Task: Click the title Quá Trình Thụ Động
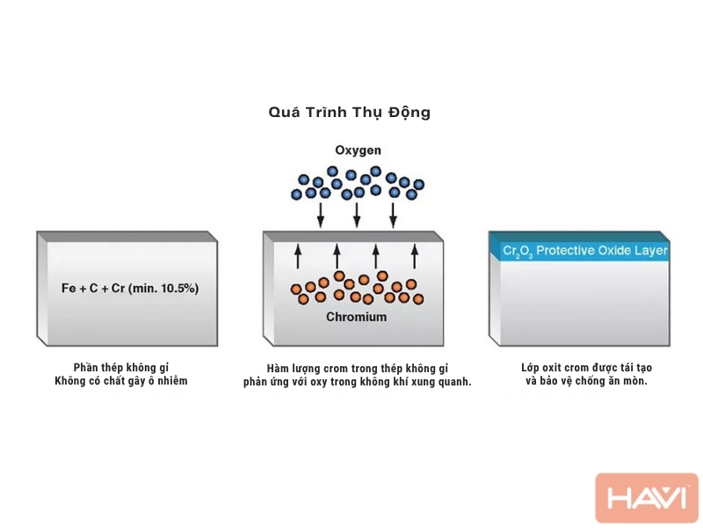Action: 349,113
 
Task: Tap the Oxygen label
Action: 358,150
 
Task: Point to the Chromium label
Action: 357,317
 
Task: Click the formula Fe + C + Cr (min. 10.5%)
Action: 130,289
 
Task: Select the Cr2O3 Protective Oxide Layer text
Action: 585,251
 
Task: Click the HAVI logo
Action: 647,497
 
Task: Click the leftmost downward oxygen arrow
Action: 320,216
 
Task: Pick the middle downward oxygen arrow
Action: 357,216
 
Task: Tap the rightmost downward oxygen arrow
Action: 393,216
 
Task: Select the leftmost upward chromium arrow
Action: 298,256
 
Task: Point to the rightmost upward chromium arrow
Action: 415,256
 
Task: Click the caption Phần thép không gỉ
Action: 121,368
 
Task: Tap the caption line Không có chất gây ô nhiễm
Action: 121,381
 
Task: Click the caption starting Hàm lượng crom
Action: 358,369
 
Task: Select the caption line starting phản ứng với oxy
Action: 358,382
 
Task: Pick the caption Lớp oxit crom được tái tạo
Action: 586,368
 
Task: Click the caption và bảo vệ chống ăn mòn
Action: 586,381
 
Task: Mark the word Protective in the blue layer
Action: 565,250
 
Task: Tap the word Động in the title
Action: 409,113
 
